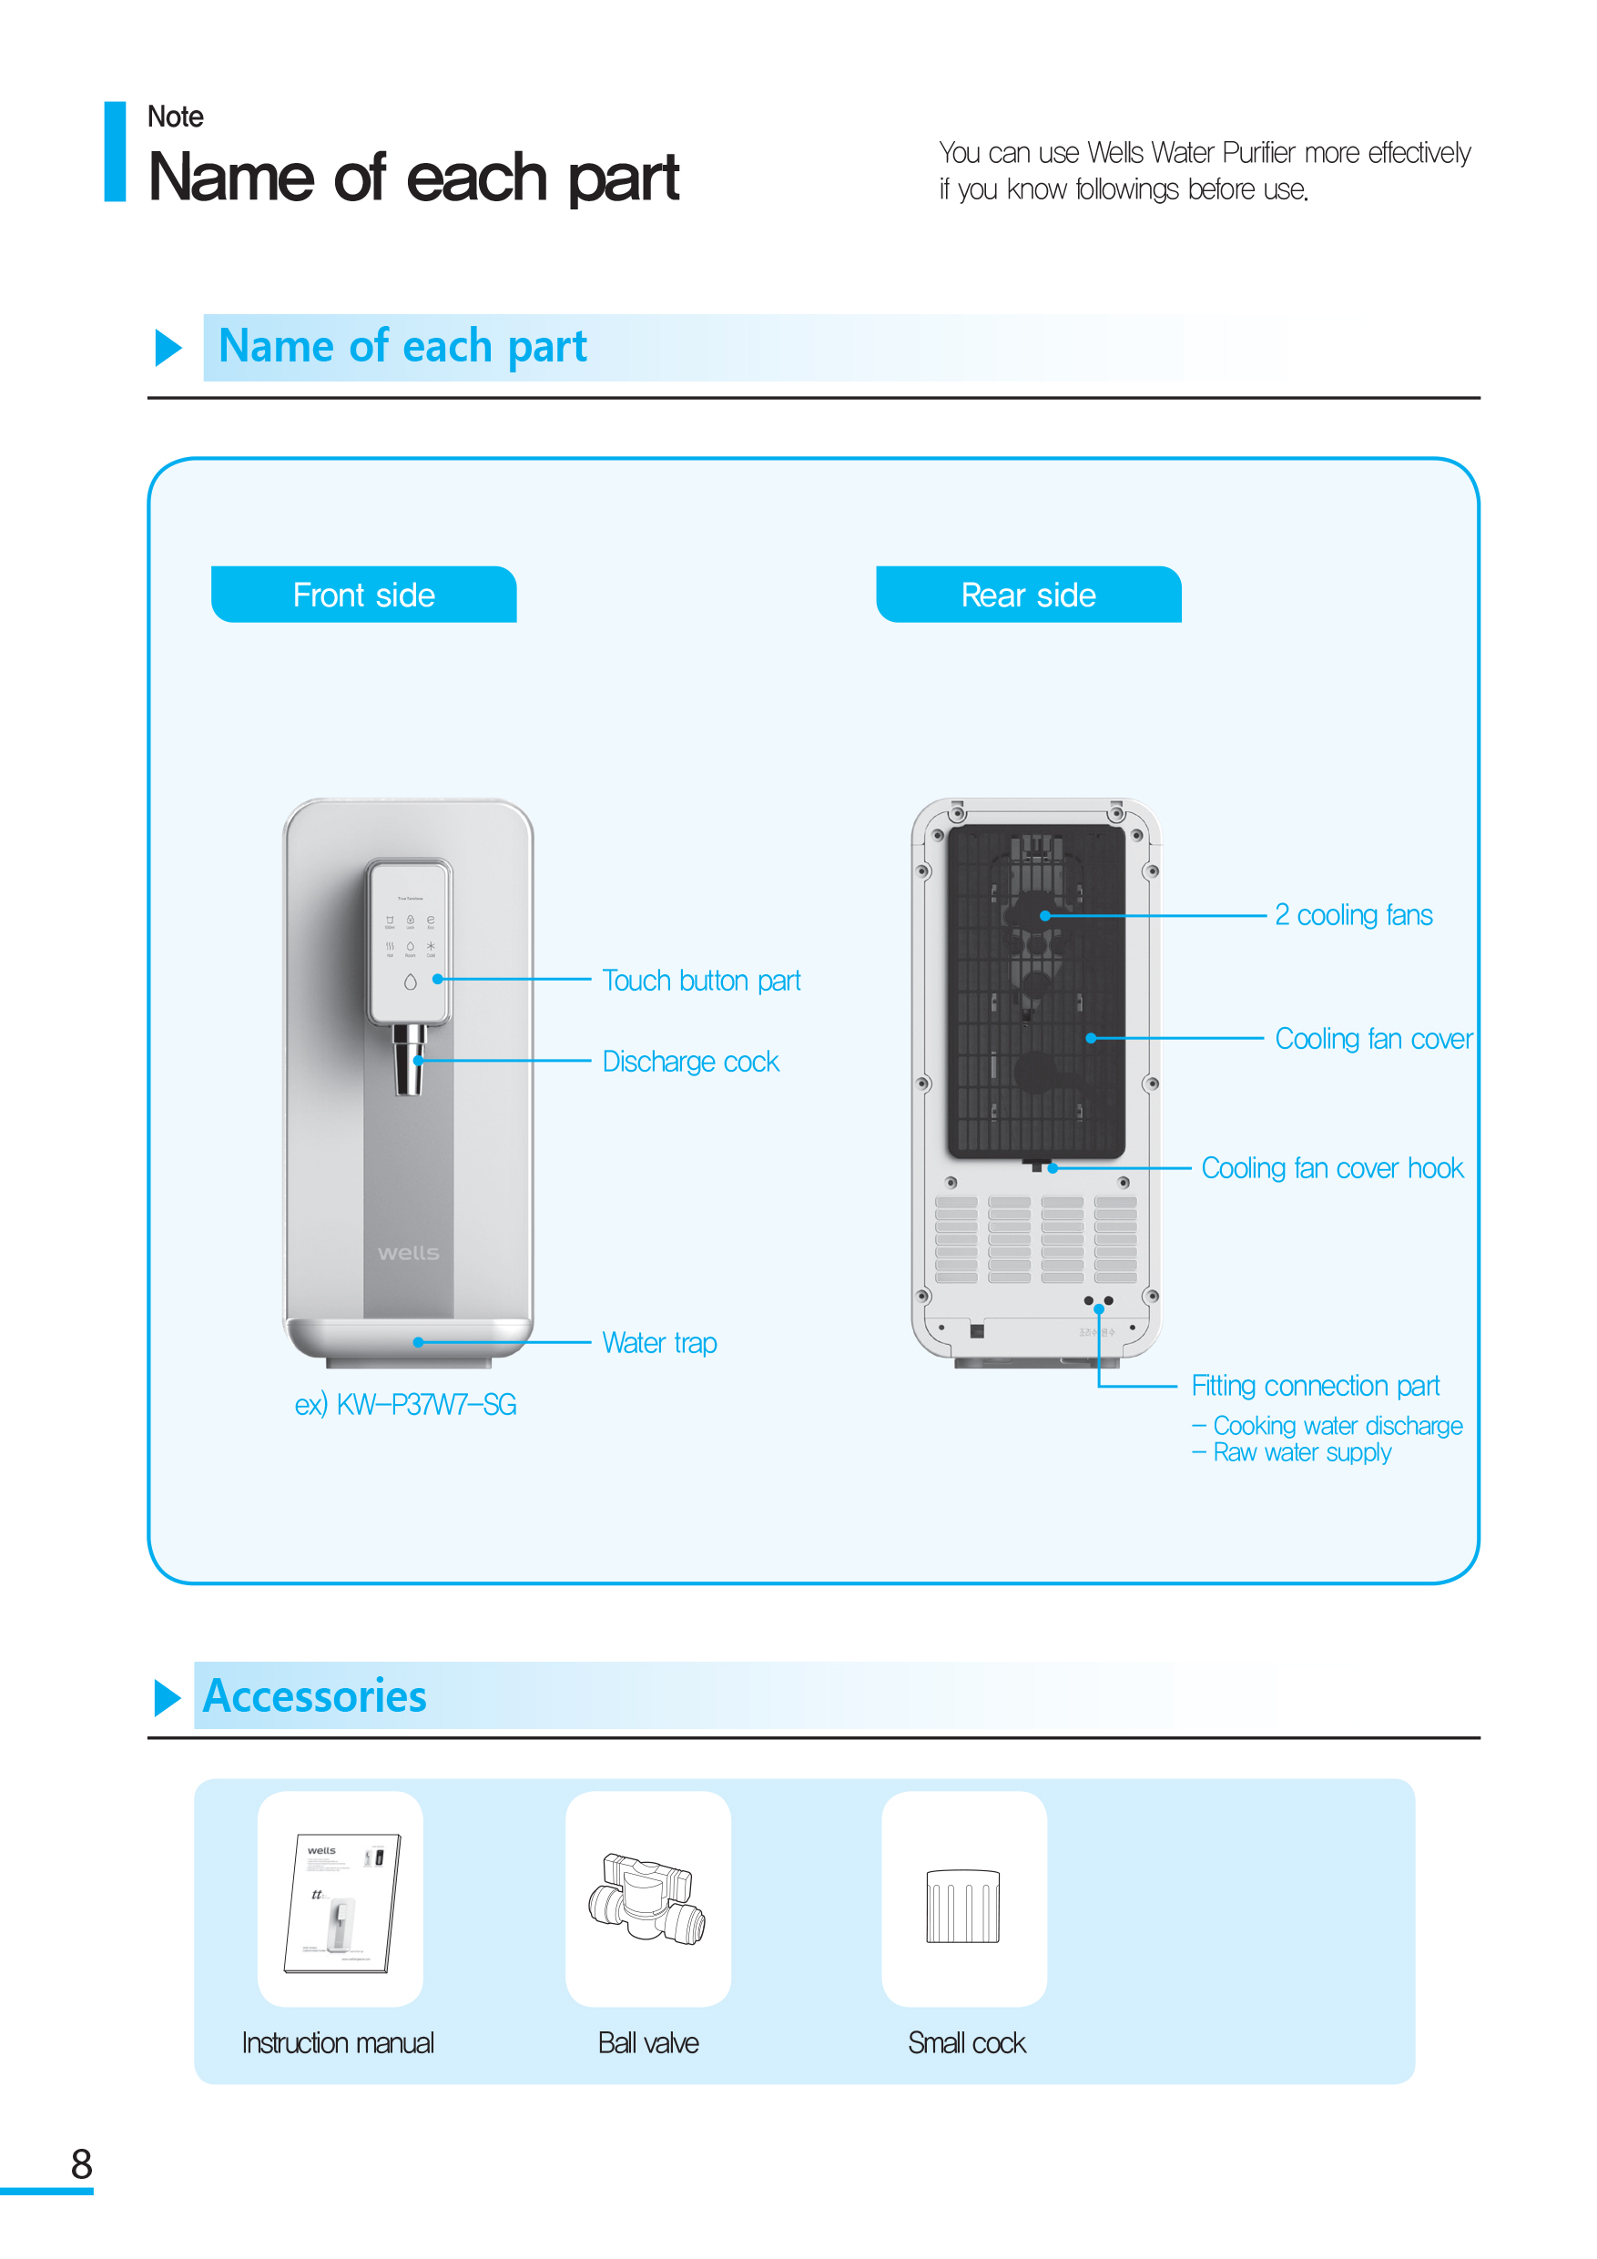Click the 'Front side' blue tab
point(363,595)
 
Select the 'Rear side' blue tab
point(1028,595)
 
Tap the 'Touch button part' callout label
point(702,981)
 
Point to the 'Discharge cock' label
point(691,1062)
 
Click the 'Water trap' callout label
point(659,1343)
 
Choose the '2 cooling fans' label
point(1354,915)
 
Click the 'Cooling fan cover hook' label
point(1332,1168)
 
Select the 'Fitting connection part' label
point(1316,1387)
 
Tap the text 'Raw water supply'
point(1302,1452)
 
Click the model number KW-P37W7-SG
point(426,1404)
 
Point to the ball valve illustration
point(647,1898)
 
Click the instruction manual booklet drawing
point(342,1903)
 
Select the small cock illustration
point(963,1906)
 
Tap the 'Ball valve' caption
point(648,2043)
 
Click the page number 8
point(82,2164)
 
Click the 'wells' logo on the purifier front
point(408,1253)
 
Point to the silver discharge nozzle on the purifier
point(410,1060)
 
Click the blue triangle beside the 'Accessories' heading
point(168,1697)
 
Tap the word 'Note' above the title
point(175,117)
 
